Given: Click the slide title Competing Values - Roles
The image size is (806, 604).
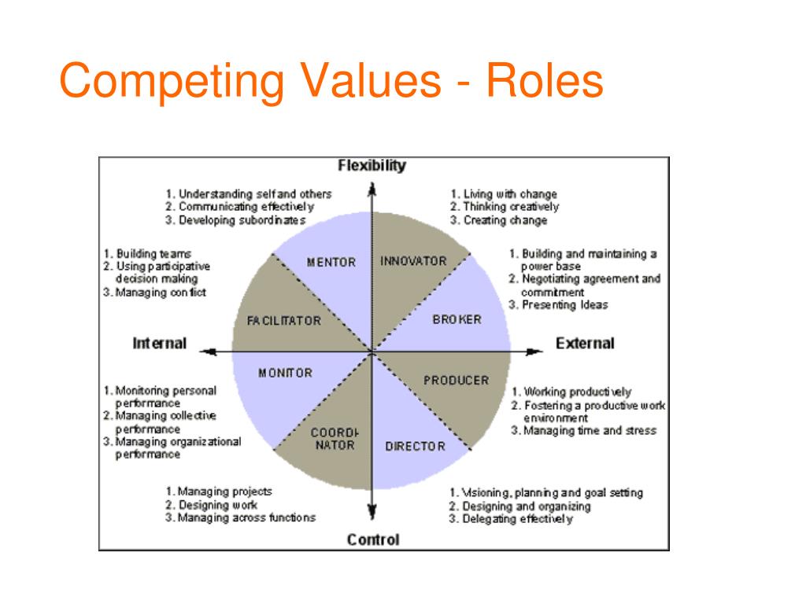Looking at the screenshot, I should [x=331, y=82].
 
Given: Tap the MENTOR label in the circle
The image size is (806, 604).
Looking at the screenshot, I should [x=331, y=262].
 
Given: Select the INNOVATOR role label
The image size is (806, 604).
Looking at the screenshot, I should [x=413, y=261].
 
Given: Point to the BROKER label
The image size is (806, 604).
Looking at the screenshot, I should [x=457, y=319].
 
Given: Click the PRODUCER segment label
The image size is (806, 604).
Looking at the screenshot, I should [x=457, y=381].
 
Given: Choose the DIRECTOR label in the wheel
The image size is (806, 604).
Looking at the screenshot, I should [x=415, y=447].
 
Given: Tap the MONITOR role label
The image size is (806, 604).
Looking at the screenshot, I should [x=285, y=373].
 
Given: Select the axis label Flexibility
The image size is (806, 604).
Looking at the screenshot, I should [x=372, y=166].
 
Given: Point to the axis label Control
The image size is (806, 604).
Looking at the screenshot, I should [x=373, y=540].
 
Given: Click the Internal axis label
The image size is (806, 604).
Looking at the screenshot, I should [x=160, y=344].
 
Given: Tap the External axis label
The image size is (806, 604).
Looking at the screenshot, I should [x=585, y=344].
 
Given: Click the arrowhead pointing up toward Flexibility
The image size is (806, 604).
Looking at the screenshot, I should [x=372, y=188].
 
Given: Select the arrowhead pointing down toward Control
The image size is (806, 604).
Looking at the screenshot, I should [x=372, y=513].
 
